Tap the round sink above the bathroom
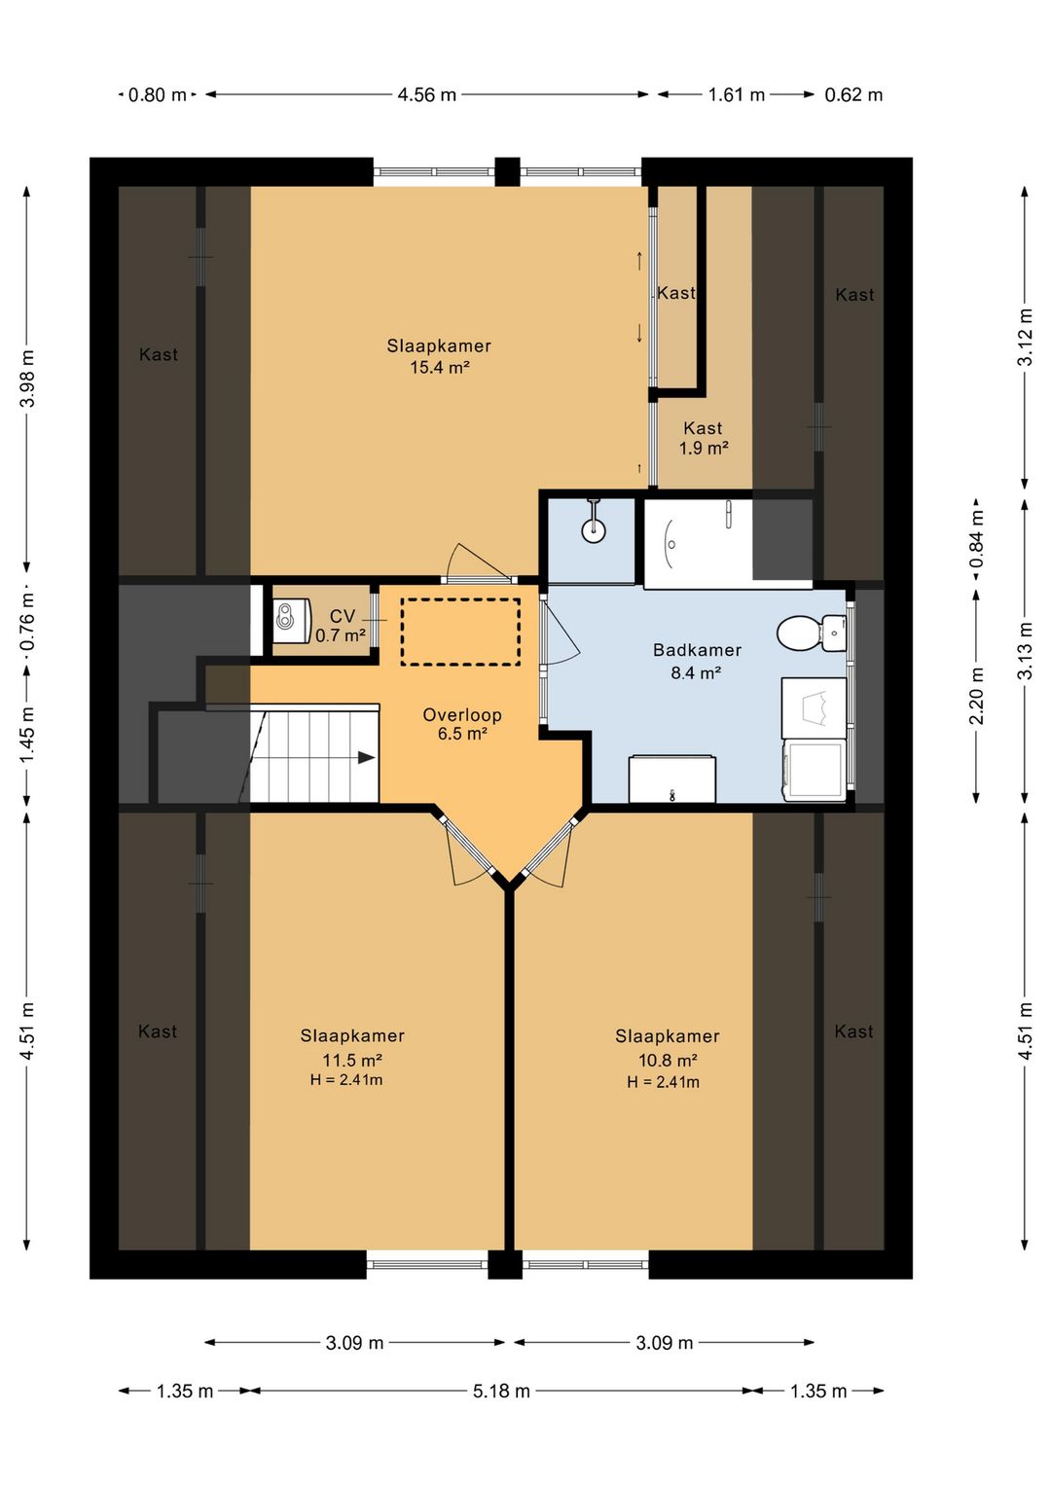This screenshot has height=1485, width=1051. (594, 529)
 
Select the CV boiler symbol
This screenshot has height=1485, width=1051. (292, 621)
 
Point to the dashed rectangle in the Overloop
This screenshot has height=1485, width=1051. (460, 632)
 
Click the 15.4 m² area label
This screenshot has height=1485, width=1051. (440, 367)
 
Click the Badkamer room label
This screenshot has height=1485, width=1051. (697, 650)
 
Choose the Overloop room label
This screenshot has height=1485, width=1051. (462, 714)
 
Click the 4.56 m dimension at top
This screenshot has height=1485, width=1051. (427, 94)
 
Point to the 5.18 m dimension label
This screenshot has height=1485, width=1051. (501, 1391)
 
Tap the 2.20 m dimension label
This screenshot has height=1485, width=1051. (976, 696)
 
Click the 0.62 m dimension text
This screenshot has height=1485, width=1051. (853, 94)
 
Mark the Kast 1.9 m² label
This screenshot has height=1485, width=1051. (704, 438)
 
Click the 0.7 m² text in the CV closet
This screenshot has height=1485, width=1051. (341, 635)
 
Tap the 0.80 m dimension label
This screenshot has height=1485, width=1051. (157, 94)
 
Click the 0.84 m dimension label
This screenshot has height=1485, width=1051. (976, 540)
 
